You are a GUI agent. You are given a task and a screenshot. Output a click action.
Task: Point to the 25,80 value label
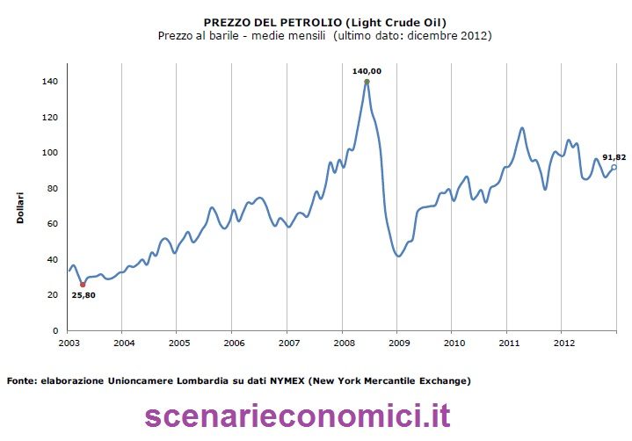point(84,295)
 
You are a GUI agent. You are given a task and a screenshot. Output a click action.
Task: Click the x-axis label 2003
point(69,343)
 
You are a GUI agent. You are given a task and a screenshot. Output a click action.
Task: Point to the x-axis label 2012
point(563,343)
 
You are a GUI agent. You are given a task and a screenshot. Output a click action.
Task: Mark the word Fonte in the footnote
point(21,381)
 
